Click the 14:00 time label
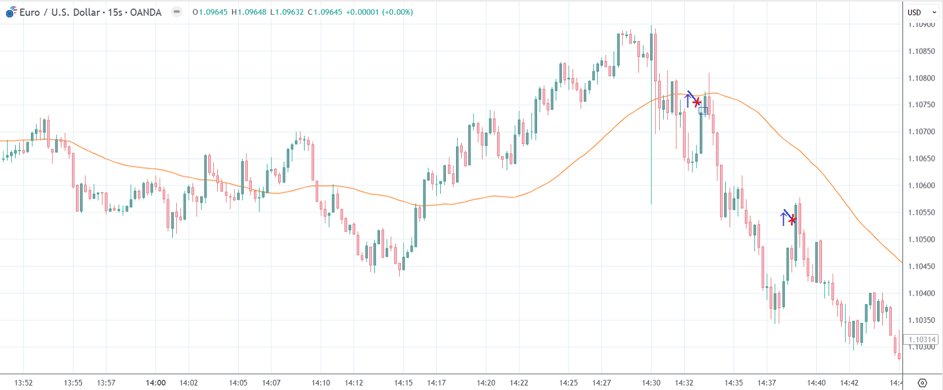(x=156, y=383)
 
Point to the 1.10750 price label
(x=922, y=105)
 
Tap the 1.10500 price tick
(x=922, y=240)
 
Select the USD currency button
(x=914, y=12)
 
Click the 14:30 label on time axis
(x=651, y=383)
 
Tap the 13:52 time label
(x=24, y=383)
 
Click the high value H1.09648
(x=249, y=12)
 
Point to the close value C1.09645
(x=325, y=12)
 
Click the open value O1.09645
(x=210, y=12)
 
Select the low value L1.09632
(x=287, y=12)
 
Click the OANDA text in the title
(x=145, y=12)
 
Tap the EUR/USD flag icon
(x=11, y=11)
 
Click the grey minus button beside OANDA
(x=177, y=12)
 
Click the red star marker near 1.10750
(x=697, y=102)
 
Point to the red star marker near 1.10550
(x=793, y=219)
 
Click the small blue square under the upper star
(x=703, y=110)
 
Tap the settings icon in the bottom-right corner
(x=922, y=383)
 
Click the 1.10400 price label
(x=922, y=293)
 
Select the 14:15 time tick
(x=404, y=383)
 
